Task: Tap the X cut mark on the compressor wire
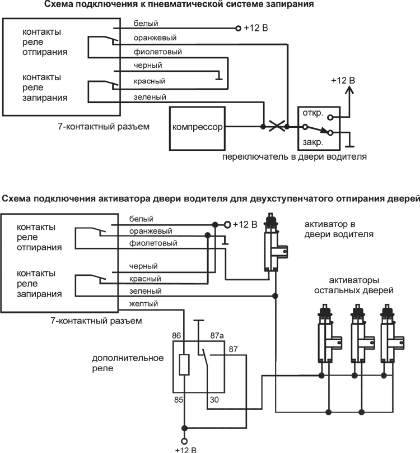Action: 274,127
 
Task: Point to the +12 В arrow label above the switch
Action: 343,80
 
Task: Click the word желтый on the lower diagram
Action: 143,304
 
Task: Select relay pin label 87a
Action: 217,336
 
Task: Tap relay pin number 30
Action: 214,400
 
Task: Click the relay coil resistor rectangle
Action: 183,365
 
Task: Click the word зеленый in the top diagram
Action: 150,97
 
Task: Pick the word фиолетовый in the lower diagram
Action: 153,243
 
